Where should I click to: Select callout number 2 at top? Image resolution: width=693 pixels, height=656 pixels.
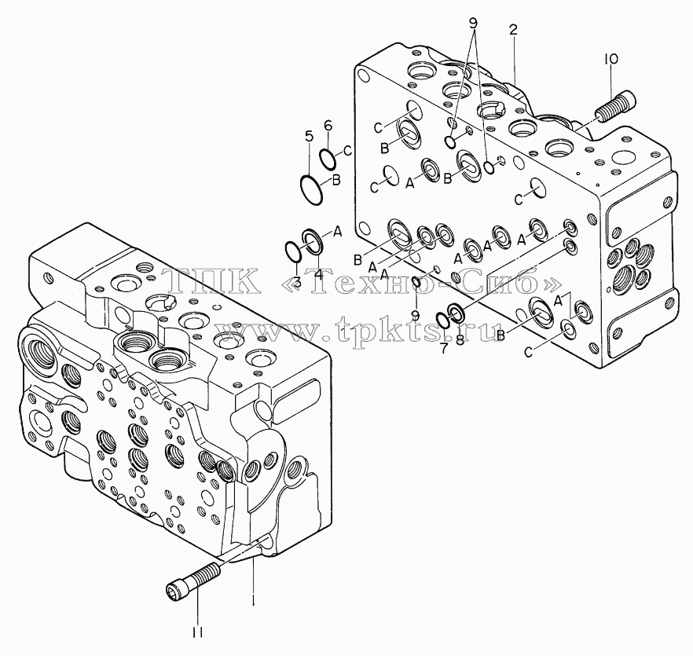[513, 31]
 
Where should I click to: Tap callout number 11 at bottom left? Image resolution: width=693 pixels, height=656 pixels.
[197, 633]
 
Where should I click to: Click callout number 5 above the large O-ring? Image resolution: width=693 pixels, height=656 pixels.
[309, 136]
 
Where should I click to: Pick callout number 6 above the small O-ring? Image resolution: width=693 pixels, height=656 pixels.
[328, 126]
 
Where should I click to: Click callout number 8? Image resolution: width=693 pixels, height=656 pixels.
[460, 339]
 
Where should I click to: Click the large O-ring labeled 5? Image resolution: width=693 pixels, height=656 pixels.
[310, 190]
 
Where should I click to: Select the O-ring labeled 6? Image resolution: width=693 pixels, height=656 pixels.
[328, 159]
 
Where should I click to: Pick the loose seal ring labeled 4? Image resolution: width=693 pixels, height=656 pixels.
[313, 242]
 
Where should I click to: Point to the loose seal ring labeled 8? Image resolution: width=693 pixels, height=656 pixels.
[456, 312]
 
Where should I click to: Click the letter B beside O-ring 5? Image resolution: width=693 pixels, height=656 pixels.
[336, 181]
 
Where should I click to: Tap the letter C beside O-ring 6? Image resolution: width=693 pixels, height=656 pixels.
[347, 151]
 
